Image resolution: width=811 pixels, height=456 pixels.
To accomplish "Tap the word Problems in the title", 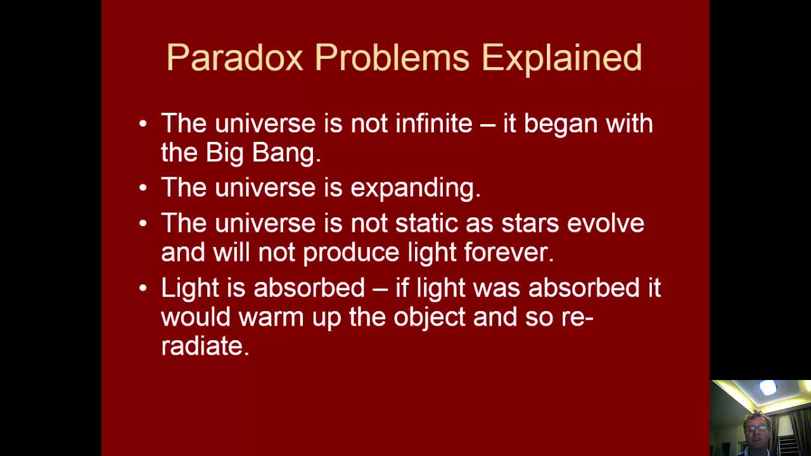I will tap(392, 58).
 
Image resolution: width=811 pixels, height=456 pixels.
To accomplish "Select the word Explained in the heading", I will tap(561, 59).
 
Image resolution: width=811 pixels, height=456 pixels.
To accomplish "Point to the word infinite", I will tap(433, 123).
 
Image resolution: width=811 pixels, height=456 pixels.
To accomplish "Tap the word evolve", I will tap(606, 223).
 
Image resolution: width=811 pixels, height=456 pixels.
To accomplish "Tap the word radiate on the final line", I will tap(205, 346).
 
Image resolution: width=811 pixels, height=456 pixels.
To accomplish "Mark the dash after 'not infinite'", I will tap(487, 124).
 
